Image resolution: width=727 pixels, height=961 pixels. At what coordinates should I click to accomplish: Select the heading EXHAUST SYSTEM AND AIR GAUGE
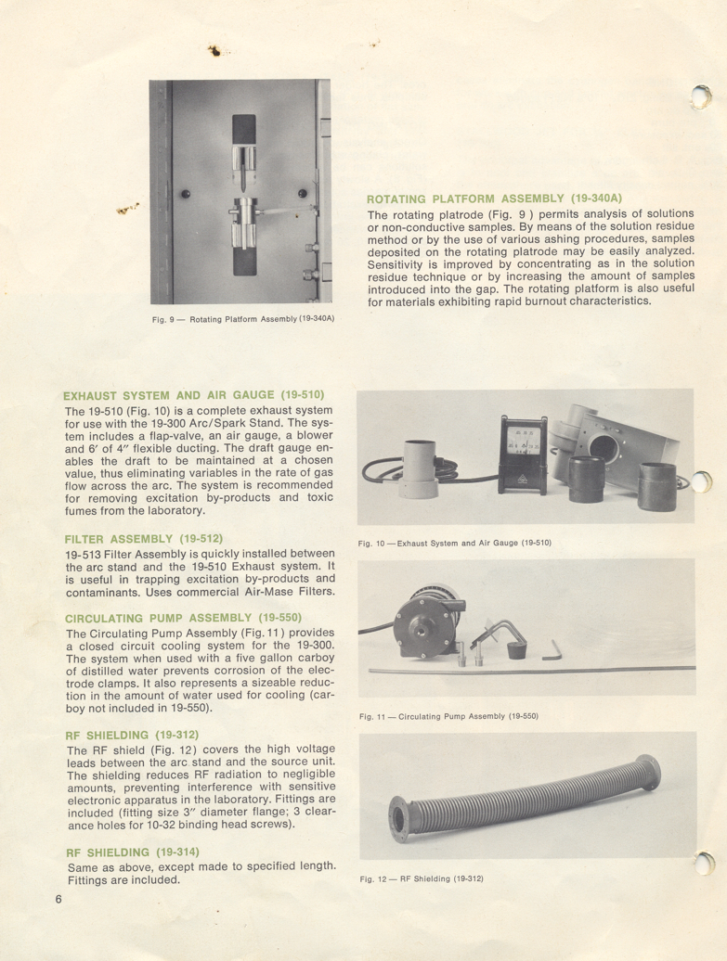click(x=194, y=395)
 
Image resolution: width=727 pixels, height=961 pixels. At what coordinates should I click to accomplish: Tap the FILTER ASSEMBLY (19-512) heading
click(x=144, y=539)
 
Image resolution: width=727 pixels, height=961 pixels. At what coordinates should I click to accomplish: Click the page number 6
click(x=58, y=898)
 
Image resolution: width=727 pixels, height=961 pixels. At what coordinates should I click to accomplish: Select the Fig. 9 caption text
click(x=243, y=320)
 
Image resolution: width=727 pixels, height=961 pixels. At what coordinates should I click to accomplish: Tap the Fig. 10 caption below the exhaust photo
click(x=455, y=542)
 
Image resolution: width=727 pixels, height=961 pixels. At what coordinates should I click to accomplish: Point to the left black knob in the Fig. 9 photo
click(x=185, y=194)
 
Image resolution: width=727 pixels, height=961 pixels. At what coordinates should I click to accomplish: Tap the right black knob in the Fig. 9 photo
click(x=302, y=192)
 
